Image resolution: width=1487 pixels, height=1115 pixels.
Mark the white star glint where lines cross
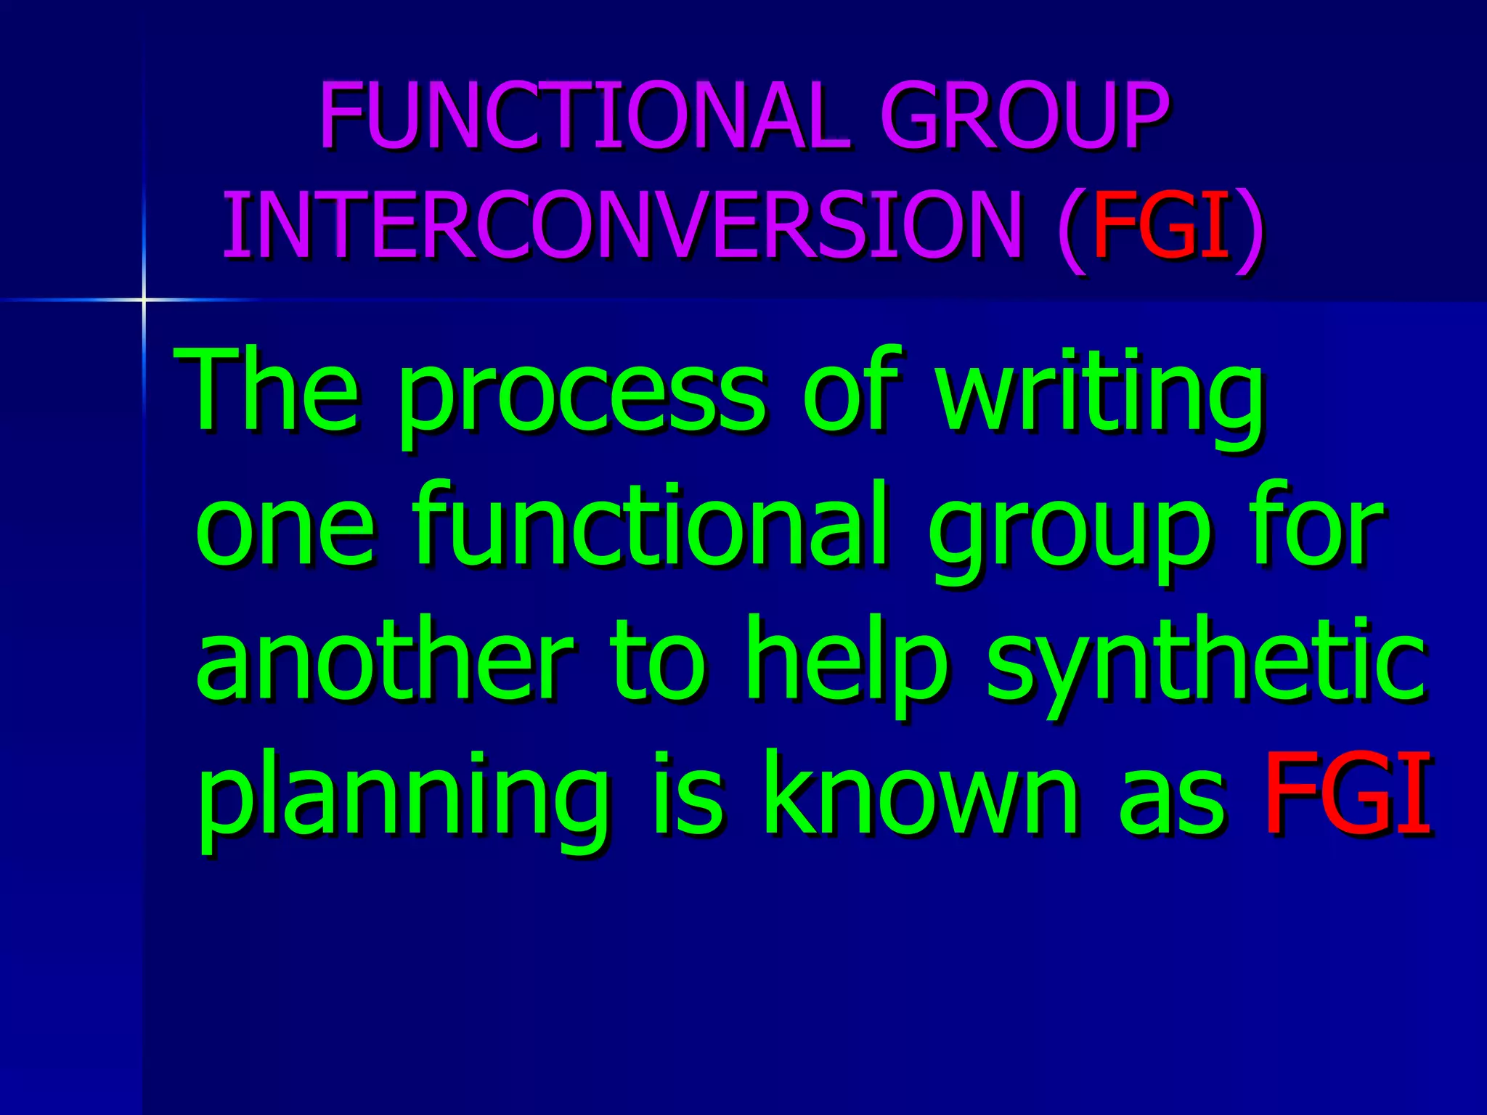tap(144, 299)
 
